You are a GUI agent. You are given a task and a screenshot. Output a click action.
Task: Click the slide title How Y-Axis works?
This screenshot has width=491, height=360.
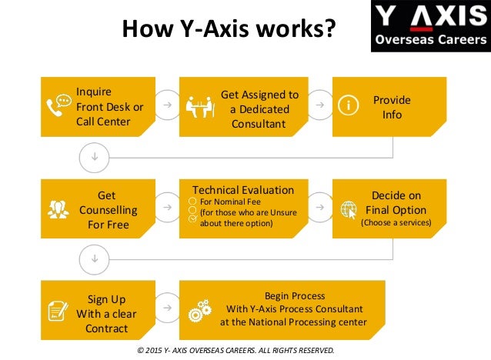click(229, 29)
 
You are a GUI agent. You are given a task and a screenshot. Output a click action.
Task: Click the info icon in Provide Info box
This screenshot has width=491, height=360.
click(349, 107)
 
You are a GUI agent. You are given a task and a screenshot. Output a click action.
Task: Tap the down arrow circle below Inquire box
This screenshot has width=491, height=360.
click(94, 157)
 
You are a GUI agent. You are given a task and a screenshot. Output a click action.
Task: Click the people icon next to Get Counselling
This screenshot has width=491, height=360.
click(58, 208)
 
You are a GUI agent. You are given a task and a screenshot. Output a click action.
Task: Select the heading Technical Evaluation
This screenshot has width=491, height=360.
click(242, 189)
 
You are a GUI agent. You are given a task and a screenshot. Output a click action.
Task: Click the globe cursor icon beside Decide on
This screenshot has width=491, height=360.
click(349, 208)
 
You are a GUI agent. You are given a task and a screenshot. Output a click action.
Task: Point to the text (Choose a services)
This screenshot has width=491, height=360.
click(396, 223)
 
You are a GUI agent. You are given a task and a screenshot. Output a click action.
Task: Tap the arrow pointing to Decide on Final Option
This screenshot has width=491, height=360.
click(320, 208)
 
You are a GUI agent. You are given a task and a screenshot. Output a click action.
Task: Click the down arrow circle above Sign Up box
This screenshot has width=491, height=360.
click(94, 258)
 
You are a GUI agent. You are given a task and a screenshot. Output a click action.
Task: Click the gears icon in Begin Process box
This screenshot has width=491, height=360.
click(199, 309)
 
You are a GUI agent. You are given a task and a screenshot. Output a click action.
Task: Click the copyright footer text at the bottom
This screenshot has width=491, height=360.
click(235, 350)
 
